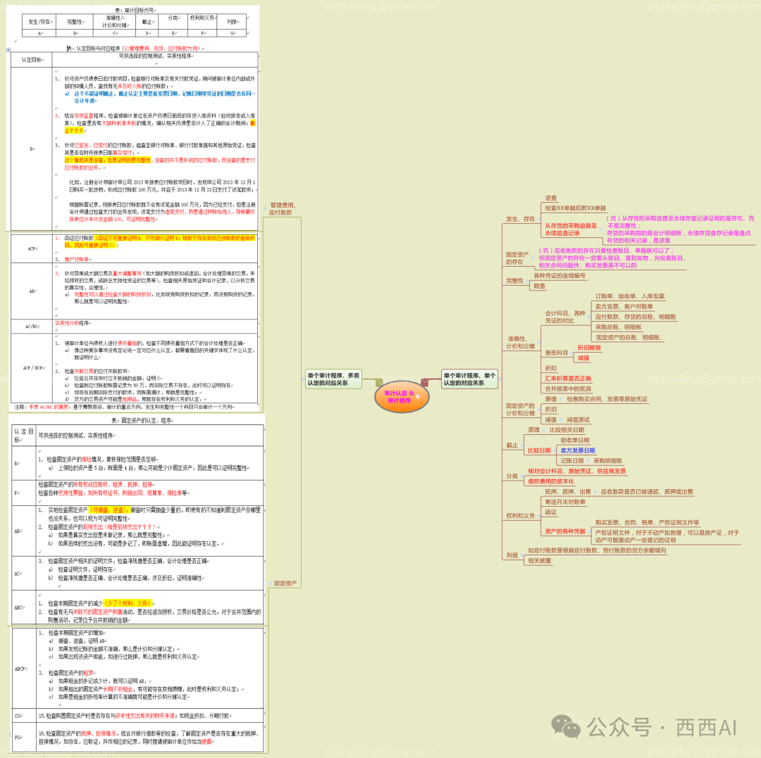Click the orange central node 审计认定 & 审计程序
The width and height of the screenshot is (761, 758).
pyautogui.click(x=400, y=396)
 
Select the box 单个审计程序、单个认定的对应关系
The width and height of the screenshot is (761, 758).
pyautogui.click(x=469, y=379)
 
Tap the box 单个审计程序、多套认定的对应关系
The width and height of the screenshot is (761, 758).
pyautogui.click(x=333, y=379)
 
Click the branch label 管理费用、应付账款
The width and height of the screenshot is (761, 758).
pyautogui.click(x=283, y=208)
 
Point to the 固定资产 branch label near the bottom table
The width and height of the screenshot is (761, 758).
pyautogui.click(x=285, y=583)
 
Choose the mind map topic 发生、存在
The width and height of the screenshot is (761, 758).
pyautogui.click(x=520, y=219)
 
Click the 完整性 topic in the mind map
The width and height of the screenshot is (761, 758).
pyautogui.click(x=515, y=281)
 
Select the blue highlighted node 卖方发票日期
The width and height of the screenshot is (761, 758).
pyautogui.click(x=577, y=450)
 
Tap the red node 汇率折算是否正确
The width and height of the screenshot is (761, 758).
pyautogui.click(x=568, y=379)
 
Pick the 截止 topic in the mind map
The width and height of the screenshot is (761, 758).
pyautogui.click(x=512, y=446)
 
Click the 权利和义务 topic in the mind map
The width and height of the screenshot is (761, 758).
pyautogui.click(x=520, y=516)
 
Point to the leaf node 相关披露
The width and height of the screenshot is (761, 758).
pyautogui.click(x=540, y=560)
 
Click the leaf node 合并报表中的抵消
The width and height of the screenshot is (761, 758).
pyautogui.click(x=567, y=389)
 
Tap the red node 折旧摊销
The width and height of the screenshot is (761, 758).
pyautogui.click(x=589, y=348)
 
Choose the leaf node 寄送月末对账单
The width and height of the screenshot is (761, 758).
pyautogui.click(x=564, y=502)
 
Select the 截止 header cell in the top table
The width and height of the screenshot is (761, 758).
pyautogui.click(x=147, y=22)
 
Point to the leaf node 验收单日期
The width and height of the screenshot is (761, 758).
pyautogui.click(x=574, y=440)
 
